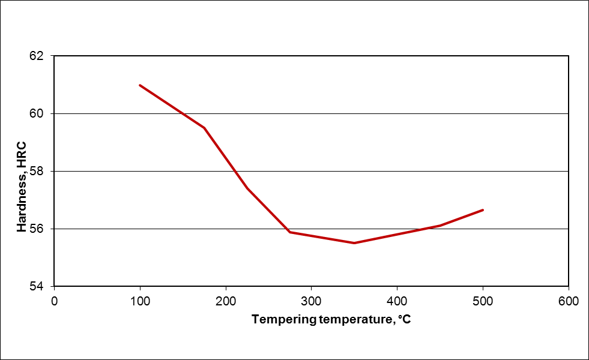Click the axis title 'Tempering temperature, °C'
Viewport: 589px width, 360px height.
331,319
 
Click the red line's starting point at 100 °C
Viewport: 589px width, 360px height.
140,85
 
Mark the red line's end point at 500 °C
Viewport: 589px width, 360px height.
483,210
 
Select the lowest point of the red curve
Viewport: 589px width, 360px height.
354,243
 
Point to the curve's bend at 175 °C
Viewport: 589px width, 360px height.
204,128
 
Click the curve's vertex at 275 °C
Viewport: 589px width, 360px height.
290,232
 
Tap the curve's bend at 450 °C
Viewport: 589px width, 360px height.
440,226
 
